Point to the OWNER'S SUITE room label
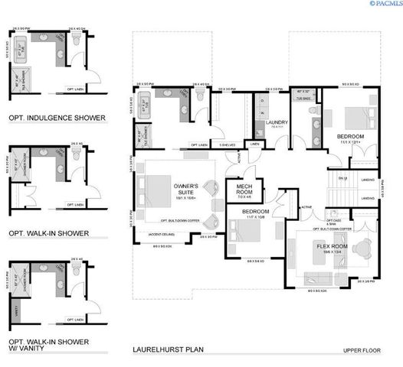pos(186,190)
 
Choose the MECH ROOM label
pos(244,190)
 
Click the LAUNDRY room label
pos(275,122)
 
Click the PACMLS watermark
pos(384,5)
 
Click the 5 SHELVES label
pos(226,144)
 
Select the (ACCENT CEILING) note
pos(162,234)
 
